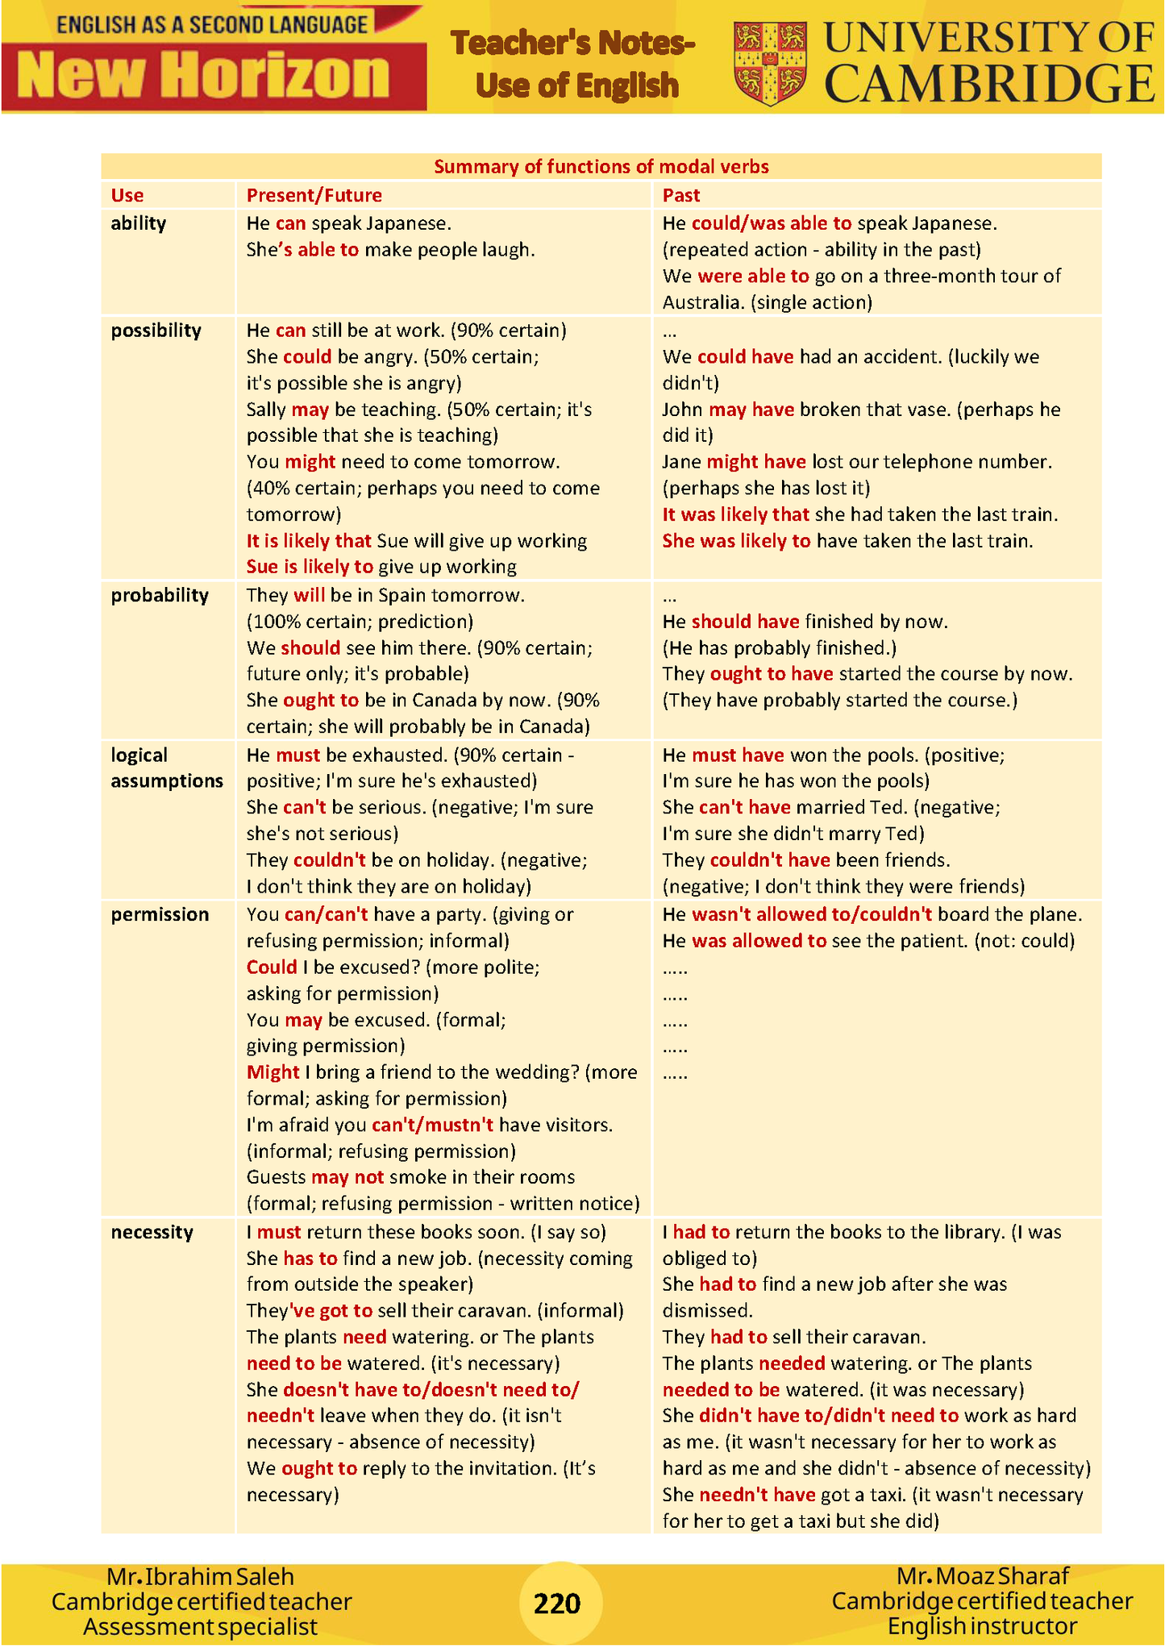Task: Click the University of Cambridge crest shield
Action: [x=769, y=63]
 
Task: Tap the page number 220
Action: [x=557, y=1603]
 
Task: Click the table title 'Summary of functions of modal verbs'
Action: [x=601, y=167]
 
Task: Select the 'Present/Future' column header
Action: [x=314, y=195]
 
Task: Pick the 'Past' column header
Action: [x=681, y=195]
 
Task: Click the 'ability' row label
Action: [x=139, y=223]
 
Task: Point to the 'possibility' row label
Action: [x=156, y=331]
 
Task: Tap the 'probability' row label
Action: [x=160, y=595]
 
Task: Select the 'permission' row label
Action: [x=160, y=914]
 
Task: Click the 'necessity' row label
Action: [x=152, y=1232]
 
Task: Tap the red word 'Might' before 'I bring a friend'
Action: [x=273, y=1072]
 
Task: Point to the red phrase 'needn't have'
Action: [x=757, y=1495]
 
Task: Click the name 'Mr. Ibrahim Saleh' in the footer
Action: [x=200, y=1576]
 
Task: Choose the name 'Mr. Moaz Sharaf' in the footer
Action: [x=982, y=1575]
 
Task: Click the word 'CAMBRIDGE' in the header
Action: [x=990, y=85]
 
